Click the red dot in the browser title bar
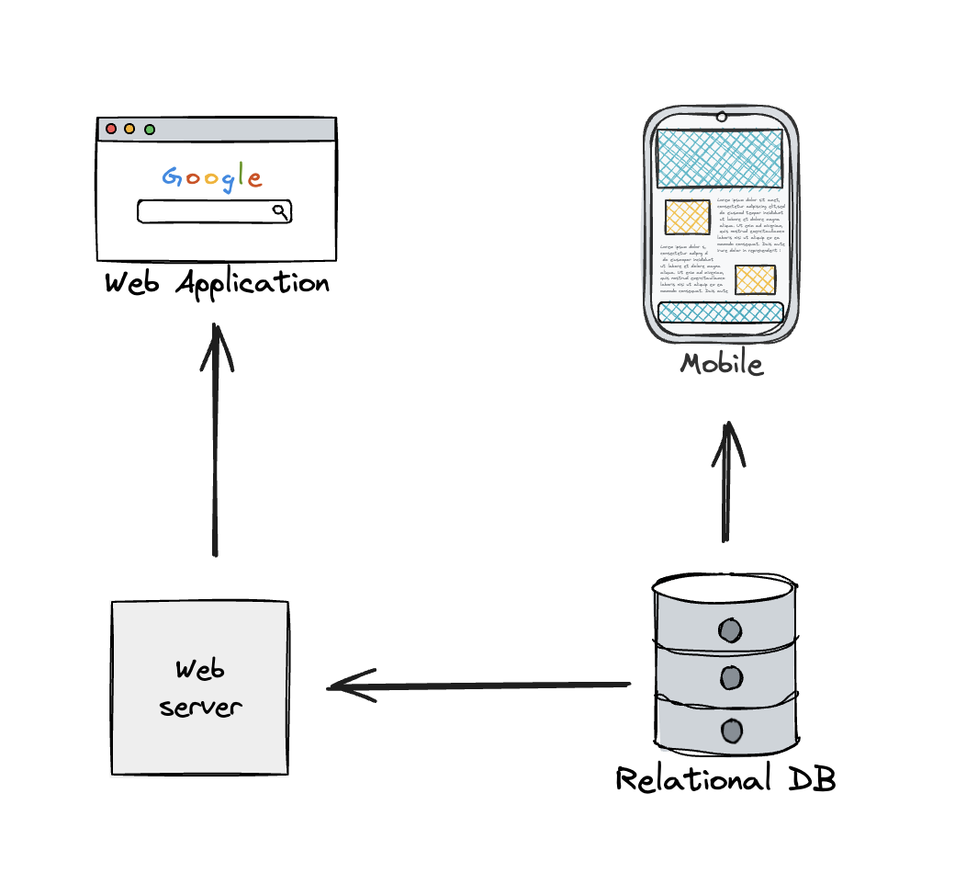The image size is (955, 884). [111, 129]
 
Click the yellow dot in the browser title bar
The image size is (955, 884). [129, 129]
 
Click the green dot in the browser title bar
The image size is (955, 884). [150, 129]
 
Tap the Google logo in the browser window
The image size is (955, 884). [212, 176]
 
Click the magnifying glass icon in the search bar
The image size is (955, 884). [280, 211]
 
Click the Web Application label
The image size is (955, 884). [217, 283]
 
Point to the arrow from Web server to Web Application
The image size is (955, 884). [216, 441]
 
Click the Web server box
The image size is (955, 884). [200, 687]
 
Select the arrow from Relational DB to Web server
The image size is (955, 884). [477, 686]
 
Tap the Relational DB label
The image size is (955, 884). [725, 779]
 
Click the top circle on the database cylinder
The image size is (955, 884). [730, 630]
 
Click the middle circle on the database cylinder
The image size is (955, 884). [730, 679]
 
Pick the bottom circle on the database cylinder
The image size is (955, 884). [731, 731]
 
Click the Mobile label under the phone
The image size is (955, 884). [721, 364]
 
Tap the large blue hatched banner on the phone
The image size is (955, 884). [720, 158]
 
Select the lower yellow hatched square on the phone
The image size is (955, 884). [755, 279]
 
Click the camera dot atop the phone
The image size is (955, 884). [722, 117]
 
